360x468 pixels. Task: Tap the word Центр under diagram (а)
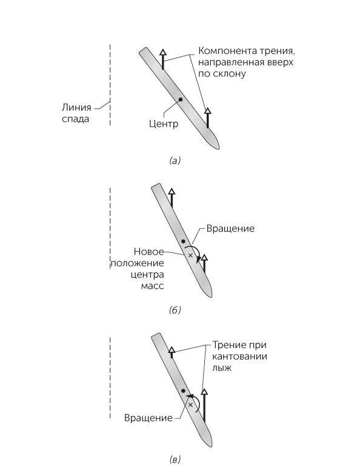164,123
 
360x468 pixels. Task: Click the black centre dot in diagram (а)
180,99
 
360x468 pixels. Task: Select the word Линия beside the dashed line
76,107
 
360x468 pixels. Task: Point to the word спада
76,119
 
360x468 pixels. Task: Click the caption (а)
175,161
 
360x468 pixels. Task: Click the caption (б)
175,310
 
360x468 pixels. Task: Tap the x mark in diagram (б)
190,255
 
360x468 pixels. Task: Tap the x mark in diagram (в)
190,405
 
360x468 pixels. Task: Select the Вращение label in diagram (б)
230,229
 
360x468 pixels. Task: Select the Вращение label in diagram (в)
148,418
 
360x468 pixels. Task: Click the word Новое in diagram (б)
148,252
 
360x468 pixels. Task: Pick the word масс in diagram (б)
152,286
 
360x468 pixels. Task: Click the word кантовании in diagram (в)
240,356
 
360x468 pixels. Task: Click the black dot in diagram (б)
183,241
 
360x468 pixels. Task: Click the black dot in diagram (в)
183,390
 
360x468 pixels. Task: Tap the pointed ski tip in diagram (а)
219,148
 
